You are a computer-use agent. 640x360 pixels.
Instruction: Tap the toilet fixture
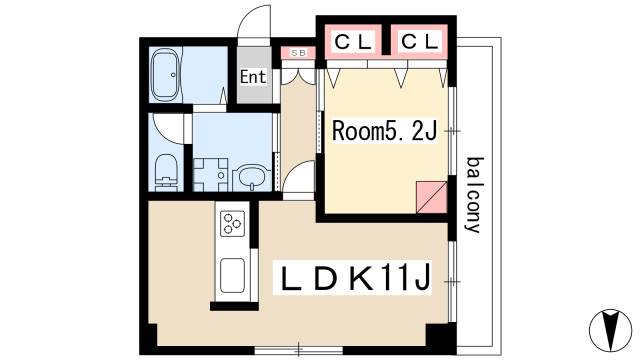click(x=166, y=172)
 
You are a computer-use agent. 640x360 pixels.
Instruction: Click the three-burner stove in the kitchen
click(x=232, y=223)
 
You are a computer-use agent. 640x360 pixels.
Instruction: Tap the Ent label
click(x=254, y=77)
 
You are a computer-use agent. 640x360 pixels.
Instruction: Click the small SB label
click(x=297, y=52)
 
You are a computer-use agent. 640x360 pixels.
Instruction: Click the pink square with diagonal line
click(x=431, y=196)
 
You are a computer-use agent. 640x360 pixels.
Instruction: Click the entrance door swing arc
click(x=258, y=22)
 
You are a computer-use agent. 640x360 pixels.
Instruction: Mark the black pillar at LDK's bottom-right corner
click(x=438, y=338)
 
